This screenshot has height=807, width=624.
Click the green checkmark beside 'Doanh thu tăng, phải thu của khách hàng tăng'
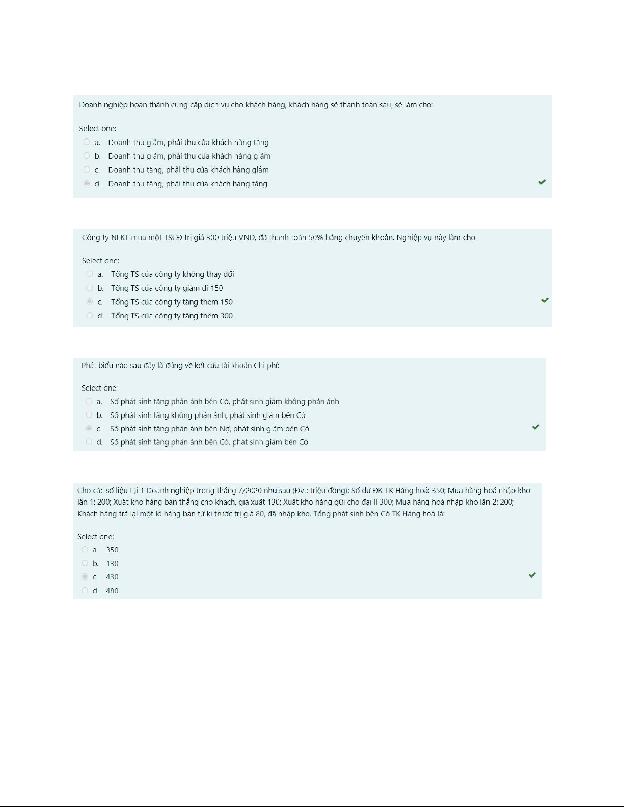542,182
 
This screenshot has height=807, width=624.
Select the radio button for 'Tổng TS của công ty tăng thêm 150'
90,302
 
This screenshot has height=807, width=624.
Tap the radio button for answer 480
85,591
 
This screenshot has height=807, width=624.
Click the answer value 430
112,577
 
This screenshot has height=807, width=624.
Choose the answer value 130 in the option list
112,564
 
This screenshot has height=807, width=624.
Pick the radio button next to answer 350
85,550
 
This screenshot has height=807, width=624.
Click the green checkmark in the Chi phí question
535,427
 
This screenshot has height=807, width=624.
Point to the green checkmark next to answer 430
532,575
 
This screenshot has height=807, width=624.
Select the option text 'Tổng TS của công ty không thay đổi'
172,274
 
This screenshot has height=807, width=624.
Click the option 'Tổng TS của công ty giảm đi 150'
167,288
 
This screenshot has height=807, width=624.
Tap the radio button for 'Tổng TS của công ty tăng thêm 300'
90,316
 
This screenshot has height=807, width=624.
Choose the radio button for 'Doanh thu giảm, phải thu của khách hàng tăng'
87,142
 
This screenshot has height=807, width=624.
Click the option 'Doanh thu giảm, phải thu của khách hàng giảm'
189,156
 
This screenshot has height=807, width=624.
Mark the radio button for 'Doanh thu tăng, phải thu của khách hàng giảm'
87,170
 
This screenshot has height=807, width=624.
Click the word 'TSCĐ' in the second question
173,238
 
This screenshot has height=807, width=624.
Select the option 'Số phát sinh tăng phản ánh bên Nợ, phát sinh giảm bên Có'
209,429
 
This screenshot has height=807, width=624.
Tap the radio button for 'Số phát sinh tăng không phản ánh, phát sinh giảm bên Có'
89,415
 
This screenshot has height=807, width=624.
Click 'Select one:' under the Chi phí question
99,388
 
